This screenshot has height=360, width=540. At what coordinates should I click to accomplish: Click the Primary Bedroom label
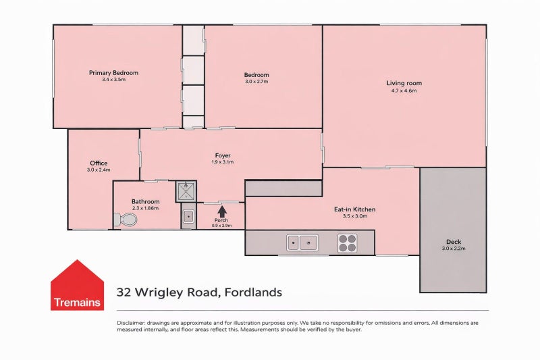[x=113, y=73]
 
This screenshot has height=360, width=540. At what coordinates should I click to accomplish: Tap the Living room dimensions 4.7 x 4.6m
[x=404, y=91]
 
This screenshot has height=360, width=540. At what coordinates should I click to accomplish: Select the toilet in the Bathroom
[x=126, y=220]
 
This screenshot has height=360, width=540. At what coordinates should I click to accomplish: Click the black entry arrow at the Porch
[x=222, y=211]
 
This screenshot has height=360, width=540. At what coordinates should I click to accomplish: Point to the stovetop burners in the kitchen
[x=347, y=243]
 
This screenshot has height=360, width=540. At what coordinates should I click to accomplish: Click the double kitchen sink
[x=302, y=242]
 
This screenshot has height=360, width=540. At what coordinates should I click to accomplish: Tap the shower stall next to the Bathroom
[x=186, y=191]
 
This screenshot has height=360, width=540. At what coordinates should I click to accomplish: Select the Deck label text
[x=454, y=242]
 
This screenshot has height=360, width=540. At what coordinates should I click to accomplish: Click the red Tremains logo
[x=77, y=285]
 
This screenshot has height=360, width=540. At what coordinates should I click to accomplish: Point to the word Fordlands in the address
[x=253, y=292]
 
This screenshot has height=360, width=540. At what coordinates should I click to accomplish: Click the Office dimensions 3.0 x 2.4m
[x=99, y=170]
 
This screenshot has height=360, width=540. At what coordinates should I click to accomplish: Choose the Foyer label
[x=223, y=155]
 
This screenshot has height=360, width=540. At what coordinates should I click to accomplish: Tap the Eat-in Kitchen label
[x=355, y=209]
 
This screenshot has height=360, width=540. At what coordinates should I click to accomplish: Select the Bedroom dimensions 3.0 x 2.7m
[x=256, y=82]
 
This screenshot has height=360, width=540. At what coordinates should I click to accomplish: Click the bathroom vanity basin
[x=188, y=216]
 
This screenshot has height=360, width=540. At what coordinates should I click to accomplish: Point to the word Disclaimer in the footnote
[x=131, y=323]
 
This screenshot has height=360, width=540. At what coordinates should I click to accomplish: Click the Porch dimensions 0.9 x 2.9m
[x=221, y=226]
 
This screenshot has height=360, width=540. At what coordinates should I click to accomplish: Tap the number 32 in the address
[x=124, y=292]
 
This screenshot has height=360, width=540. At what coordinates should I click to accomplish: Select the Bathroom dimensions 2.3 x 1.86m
[x=145, y=208]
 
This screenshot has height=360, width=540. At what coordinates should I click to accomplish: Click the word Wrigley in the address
[x=159, y=292]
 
